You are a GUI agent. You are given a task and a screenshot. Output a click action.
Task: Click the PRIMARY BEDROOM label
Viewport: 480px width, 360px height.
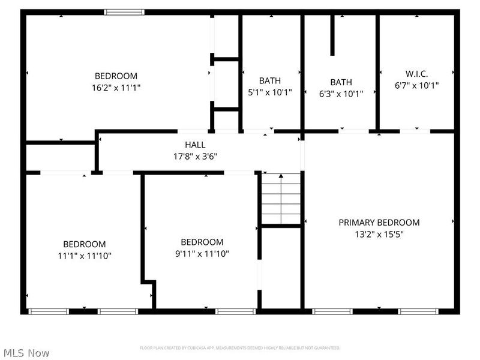(x=379, y=223)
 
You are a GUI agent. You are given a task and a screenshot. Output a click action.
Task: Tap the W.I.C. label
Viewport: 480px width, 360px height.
(x=416, y=74)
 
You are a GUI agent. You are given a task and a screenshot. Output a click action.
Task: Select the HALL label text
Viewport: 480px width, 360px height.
(x=195, y=145)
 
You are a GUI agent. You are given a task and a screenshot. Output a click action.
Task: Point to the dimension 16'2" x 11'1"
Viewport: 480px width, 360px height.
(x=116, y=87)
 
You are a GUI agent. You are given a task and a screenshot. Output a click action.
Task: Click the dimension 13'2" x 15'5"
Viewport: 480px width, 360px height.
(x=379, y=234)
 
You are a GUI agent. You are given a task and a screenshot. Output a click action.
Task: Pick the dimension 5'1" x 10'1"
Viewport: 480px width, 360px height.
(x=270, y=93)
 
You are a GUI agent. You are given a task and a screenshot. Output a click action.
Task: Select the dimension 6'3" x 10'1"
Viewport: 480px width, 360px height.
(x=341, y=93)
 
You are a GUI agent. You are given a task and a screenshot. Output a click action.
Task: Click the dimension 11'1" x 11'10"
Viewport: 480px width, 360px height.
(x=85, y=256)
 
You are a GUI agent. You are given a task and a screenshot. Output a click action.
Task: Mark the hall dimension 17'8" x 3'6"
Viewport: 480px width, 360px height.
(x=195, y=156)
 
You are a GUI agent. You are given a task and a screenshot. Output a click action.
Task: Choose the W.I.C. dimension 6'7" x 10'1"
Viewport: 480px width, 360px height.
(x=416, y=85)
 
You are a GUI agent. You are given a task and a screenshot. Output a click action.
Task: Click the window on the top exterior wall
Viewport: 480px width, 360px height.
(x=124, y=12)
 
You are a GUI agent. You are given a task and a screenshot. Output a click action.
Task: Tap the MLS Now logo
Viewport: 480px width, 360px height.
(x=26, y=353)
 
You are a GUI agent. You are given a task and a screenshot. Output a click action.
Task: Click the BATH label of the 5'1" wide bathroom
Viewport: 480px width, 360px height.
(x=270, y=81)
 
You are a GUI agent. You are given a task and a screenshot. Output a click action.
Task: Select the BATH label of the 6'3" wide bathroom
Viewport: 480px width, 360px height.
(x=341, y=82)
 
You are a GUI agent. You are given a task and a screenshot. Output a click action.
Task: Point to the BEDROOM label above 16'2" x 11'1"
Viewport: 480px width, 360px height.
(x=116, y=76)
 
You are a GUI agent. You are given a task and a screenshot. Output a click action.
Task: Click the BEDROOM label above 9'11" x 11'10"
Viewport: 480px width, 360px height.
(x=202, y=242)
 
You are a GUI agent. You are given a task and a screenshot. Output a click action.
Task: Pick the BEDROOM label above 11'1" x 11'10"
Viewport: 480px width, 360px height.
(x=85, y=244)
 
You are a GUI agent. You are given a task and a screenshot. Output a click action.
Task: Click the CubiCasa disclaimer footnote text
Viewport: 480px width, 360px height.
(x=240, y=348)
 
